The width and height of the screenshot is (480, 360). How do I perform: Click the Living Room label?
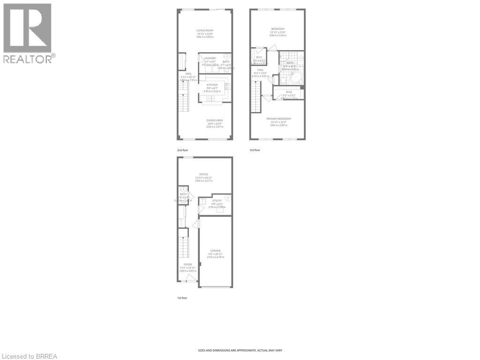(205, 30)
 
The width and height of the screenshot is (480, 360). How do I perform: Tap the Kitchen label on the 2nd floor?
(212, 85)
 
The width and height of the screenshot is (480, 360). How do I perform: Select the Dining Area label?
(215, 120)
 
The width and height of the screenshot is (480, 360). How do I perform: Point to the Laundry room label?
(210, 58)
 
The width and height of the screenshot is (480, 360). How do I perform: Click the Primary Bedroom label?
(280, 119)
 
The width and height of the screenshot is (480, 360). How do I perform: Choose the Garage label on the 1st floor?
(216, 251)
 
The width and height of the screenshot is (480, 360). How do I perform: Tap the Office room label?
(203, 174)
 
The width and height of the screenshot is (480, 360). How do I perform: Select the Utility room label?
(217, 201)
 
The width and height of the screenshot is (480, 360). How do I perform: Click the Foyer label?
(187, 265)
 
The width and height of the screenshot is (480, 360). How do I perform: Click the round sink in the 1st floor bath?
(183, 189)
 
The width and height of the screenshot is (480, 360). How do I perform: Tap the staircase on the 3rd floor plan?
(255, 96)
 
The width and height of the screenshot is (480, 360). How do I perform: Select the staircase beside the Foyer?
(183, 246)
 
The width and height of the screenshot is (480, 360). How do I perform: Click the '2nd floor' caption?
(182, 150)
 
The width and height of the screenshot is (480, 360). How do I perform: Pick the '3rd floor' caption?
(255, 150)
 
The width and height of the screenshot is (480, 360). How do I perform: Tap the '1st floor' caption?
(181, 298)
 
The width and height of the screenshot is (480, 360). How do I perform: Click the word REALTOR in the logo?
(28, 59)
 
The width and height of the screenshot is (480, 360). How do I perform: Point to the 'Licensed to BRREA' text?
(29, 356)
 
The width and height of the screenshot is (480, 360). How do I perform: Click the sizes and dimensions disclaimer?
(240, 350)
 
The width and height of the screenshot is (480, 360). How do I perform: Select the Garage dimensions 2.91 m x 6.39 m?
(216, 257)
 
